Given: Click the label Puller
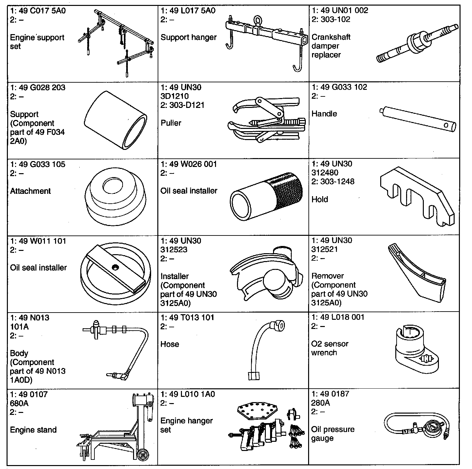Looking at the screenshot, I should [171, 123].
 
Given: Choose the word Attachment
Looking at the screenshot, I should [30, 191].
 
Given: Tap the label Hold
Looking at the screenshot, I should [320, 199].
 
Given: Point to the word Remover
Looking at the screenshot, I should [327, 276].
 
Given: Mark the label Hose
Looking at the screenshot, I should [169, 344].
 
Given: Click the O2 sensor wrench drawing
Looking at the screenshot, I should [415, 351].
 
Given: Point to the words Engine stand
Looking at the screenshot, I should [33, 430].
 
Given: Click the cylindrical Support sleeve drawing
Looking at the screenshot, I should [115, 121].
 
